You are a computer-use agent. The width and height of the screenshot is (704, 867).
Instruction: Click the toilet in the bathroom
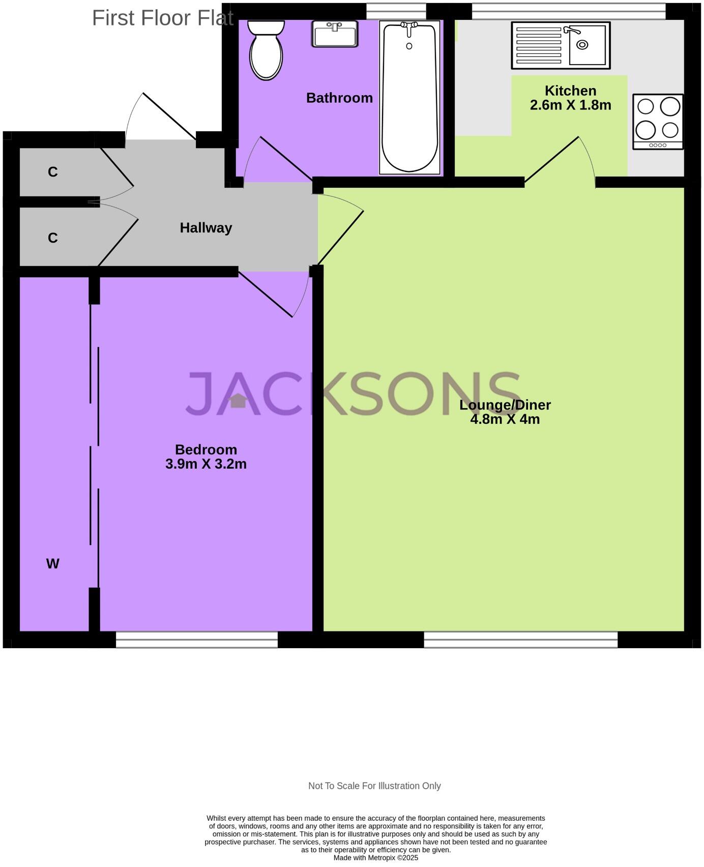pos(266,51)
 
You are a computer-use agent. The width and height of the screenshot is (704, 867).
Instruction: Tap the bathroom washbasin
pos(335,34)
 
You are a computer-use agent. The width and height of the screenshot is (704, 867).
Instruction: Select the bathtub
pos(409,98)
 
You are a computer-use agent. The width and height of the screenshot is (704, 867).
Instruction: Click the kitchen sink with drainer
pos(561,45)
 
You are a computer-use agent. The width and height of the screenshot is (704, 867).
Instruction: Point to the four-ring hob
pos(657,122)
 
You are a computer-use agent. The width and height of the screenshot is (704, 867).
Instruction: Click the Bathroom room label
pos(339,98)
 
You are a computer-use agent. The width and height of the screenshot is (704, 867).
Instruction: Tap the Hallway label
pos(206,227)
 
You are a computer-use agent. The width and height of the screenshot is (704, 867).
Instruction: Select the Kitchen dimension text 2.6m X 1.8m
pos(570,105)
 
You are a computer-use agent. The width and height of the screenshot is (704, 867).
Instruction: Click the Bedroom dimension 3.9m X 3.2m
pos(206,464)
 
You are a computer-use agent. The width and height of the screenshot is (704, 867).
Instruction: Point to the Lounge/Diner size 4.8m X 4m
pos(505,419)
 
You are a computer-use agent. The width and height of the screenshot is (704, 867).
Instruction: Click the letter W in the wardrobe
pos(52,564)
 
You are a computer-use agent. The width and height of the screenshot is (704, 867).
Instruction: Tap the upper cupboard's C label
pos(52,172)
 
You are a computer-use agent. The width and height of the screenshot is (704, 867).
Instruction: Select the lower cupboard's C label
pos(52,238)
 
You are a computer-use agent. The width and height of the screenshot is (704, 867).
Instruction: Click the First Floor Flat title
pos(162,18)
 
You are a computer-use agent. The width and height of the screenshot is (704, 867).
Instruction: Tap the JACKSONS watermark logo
pos(352,394)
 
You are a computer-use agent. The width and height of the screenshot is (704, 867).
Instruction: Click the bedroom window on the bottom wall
pos(197,640)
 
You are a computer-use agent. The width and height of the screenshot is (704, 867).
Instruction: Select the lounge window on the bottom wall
pos(520,640)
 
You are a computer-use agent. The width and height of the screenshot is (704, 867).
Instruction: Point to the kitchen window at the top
pos(568,11)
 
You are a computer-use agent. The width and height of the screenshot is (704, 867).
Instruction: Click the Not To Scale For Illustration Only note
pos(374,786)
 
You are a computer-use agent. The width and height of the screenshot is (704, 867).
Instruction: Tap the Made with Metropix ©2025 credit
pos(375,858)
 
